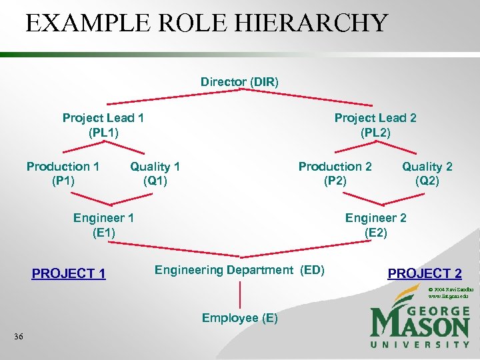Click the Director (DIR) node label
pos(239,82)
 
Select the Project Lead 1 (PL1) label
pos(103,125)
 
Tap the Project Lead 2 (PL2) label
pos(375,125)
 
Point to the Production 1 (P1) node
pos(63,173)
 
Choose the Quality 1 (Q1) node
pos(155,173)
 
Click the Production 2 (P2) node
pos(335,173)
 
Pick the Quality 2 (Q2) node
pos(427,173)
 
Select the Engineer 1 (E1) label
pos(103,225)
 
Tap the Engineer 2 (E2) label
pos(375,225)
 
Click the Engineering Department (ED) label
pos(239,270)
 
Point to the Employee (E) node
pos(239,318)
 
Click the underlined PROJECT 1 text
pos(69,273)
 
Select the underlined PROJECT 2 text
pos(425,273)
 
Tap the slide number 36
pos(19,337)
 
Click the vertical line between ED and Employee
pos(239,294)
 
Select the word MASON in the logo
pos(420,325)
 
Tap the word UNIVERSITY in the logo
pos(420,344)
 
